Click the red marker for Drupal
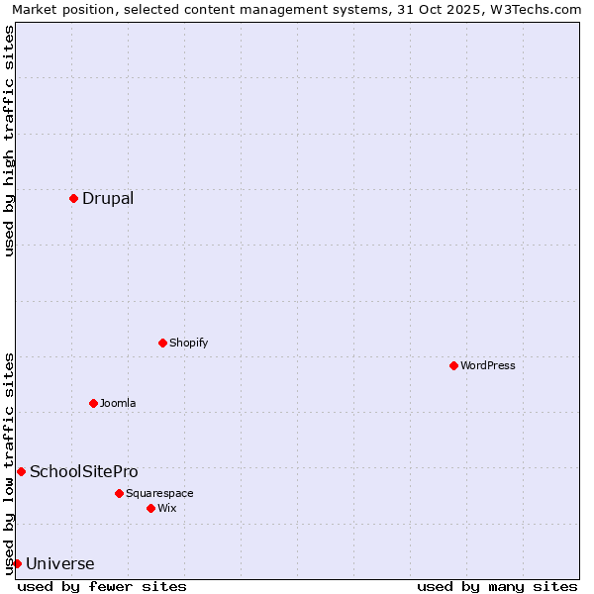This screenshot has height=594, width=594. [x=73, y=198]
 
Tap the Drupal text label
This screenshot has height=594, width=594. [x=108, y=198]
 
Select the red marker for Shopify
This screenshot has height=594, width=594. [x=162, y=343]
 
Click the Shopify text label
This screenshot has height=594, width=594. [x=188, y=343]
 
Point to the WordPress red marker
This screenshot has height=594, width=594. [x=453, y=365]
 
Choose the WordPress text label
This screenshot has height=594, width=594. [x=488, y=365]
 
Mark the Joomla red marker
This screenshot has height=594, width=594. [x=93, y=403]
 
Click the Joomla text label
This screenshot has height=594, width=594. [x=118, y=403]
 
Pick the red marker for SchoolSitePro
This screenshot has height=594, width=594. [x=21, y=471]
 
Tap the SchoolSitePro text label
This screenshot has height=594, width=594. [x=84, y=471]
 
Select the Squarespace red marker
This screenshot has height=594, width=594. [x=119, y=493]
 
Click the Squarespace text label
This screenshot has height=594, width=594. [x=159, y=493]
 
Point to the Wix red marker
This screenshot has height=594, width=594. [x=150, y=508]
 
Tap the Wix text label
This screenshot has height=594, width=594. [x=167, y=508]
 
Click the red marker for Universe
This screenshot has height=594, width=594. [x=17, y=563]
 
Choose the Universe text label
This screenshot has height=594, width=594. [x=60, y=564]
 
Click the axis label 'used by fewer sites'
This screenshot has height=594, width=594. [x=102, y=586]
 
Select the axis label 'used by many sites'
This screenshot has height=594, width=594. [x=497, y=586]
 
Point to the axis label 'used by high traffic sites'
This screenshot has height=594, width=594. [x=9, y=141]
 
